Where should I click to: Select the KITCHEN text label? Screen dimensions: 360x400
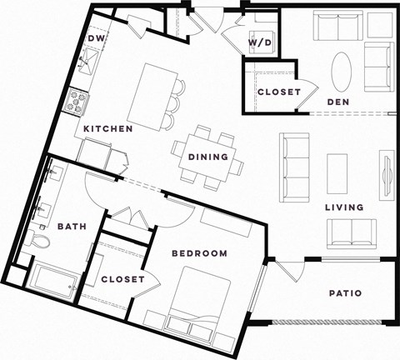tap(108, 130)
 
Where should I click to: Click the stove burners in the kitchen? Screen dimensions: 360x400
tap(78, 102)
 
